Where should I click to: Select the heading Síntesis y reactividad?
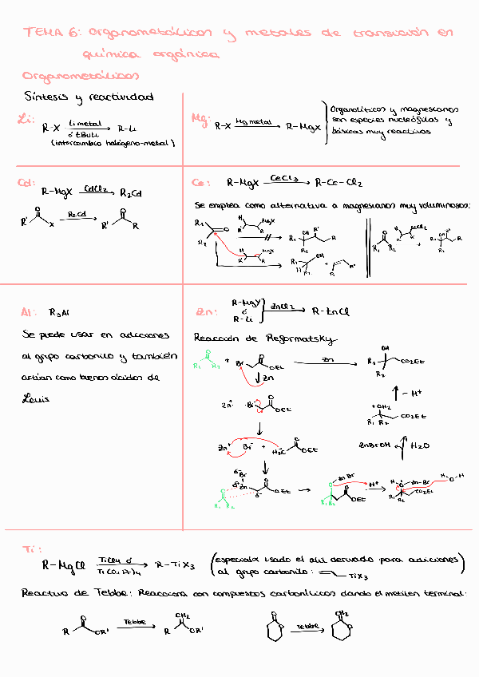[89, 97]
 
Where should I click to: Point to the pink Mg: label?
[200, 119]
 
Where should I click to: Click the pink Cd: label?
[26, 183]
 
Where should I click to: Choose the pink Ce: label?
[201, 182]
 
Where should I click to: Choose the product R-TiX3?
[177, 564]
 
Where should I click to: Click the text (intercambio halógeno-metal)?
[112, 143]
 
